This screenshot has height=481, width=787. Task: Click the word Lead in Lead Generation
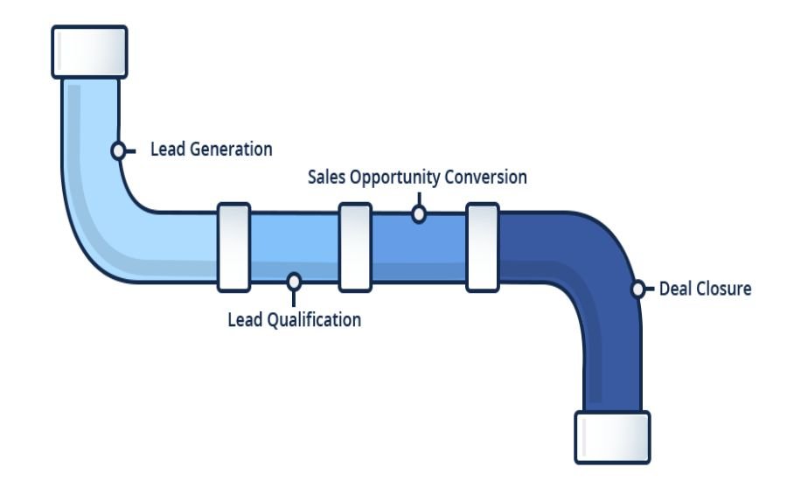click(168, 150)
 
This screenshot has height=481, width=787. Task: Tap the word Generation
click(229, 150)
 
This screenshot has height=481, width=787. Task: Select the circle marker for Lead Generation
click(118, 150)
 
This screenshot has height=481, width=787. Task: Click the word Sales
click(326, 178)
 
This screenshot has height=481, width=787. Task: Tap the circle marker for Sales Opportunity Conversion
click(419, 213)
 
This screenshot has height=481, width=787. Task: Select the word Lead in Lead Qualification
click(244, 320)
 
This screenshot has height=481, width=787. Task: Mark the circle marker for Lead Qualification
click(295, 281)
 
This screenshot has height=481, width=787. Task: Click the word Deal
click(676, 289)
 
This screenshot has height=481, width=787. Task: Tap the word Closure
click(723, 289)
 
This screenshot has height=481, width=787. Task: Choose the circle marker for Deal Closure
click(639, 289)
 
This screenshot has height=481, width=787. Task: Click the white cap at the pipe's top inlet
click(89, 52)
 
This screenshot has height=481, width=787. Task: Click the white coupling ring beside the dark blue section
click(483, 247)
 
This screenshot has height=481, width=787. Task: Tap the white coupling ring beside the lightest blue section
click(233, 247)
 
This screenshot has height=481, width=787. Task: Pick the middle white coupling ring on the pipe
click(355, 247)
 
